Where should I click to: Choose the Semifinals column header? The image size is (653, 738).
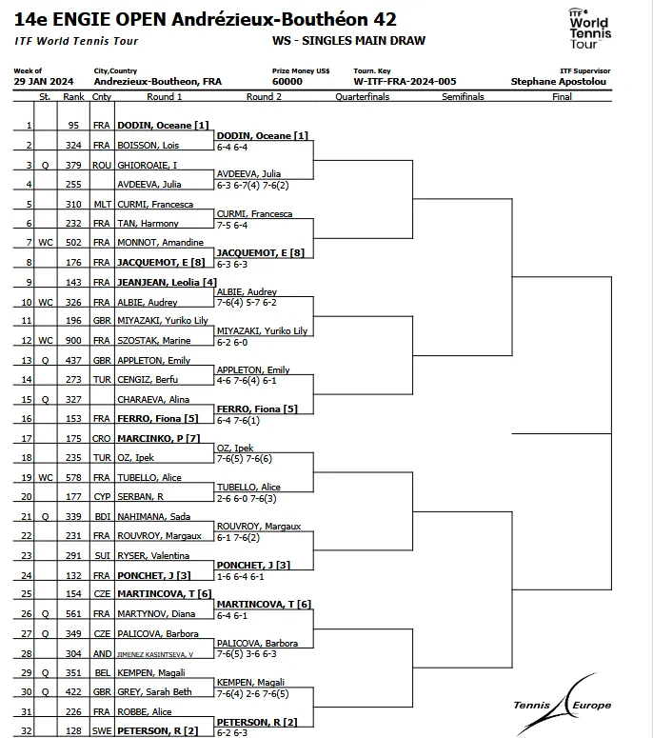pos(463,97)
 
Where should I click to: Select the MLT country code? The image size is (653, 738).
pos(102,204)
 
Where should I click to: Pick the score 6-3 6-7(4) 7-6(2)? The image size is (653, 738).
pos(254,185)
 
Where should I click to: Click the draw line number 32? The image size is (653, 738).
pos(29,731)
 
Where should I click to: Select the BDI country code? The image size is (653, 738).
pos(102,516)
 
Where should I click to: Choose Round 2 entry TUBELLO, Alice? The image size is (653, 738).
pos(249,487)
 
